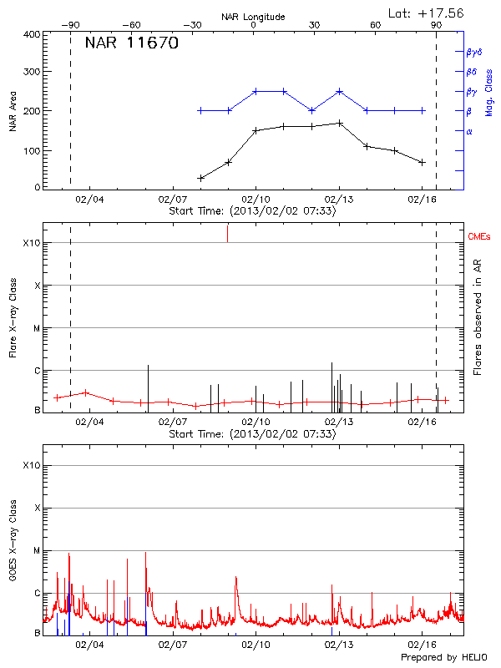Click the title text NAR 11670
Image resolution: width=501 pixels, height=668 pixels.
tap(132, 43)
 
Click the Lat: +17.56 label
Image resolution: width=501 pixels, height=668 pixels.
tap(427, 13)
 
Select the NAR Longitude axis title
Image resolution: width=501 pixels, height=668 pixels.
tap(253, 17)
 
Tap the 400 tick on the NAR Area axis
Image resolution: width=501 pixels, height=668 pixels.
tap(33, 34)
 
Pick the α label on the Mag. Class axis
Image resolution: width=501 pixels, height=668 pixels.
tap(468, 131)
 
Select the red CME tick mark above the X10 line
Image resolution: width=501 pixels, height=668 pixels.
tap(227, 234)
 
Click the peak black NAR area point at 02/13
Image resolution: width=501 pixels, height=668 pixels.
tap(339, 124)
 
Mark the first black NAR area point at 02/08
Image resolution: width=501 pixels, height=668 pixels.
tap(200, 178)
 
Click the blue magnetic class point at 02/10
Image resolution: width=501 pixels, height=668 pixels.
tap(256, 91)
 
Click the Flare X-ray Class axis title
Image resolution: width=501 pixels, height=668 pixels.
tap(13, 318)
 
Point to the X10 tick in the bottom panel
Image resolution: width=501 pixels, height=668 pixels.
tap(30, 465)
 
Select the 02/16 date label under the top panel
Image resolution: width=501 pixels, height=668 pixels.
tap(423, 200)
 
